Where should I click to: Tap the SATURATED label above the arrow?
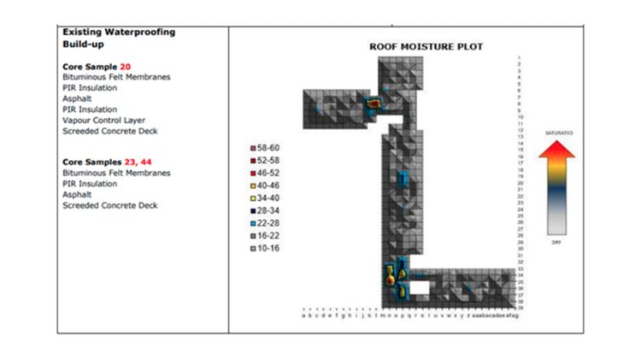[557, 133]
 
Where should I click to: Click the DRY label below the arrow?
[556, 243]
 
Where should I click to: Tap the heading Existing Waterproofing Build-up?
[119, 38]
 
